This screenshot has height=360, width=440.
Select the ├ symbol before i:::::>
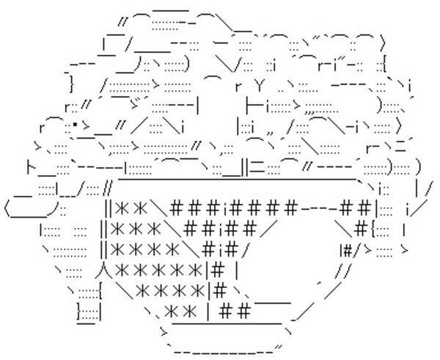point(252,106)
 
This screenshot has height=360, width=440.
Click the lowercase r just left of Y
point(238,85)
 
